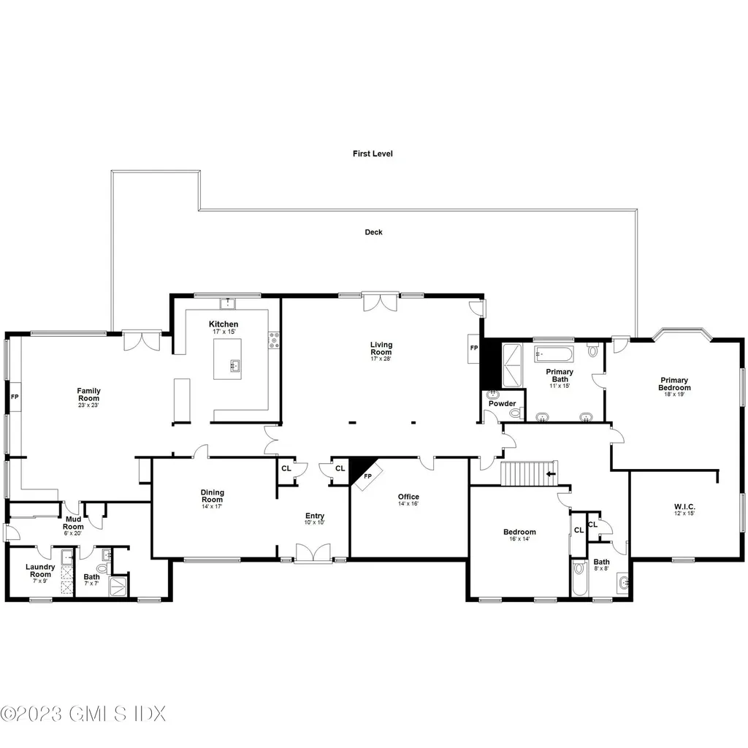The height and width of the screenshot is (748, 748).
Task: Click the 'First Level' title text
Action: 373,154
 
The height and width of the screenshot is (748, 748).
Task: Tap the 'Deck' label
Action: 373,232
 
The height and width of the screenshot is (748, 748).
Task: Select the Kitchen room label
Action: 224,324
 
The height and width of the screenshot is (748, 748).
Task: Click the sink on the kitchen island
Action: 234,366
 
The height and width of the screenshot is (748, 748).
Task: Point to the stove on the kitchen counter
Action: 274,340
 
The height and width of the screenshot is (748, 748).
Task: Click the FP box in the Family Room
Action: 15,397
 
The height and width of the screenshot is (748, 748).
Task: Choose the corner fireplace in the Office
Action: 365,471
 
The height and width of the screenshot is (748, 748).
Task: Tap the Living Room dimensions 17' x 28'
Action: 381,359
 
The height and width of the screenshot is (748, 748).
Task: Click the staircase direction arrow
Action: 549,473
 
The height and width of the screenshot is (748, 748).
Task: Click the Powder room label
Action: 502,403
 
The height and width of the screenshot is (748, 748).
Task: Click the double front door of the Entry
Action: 313,554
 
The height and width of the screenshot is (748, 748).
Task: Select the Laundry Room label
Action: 40,570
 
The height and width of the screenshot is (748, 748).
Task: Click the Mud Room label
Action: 73,523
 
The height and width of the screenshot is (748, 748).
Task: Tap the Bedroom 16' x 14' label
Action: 519,536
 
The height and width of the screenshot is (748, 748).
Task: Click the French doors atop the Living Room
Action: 381,301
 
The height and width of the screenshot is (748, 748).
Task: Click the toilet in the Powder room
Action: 515,413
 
